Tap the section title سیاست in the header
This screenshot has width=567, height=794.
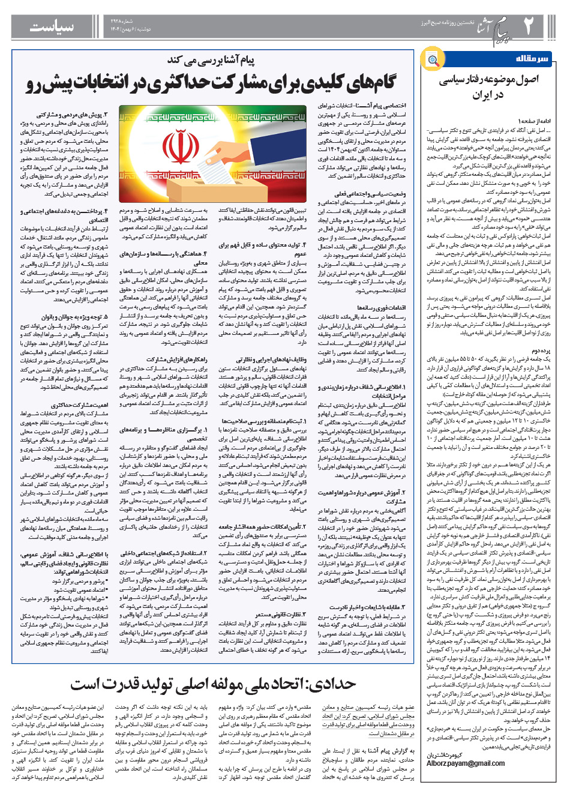tap(52, 27)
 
